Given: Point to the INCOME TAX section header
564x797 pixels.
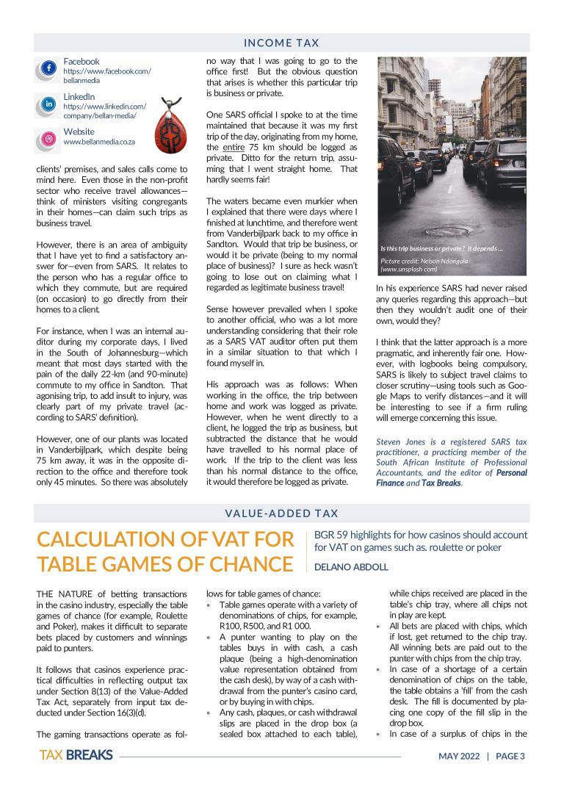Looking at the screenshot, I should pos(281,43).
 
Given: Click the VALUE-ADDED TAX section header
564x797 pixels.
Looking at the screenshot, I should pos(281,513).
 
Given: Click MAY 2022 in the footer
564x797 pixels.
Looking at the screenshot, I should pos(458,756).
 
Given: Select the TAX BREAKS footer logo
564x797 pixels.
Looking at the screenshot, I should pos(76,755).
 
